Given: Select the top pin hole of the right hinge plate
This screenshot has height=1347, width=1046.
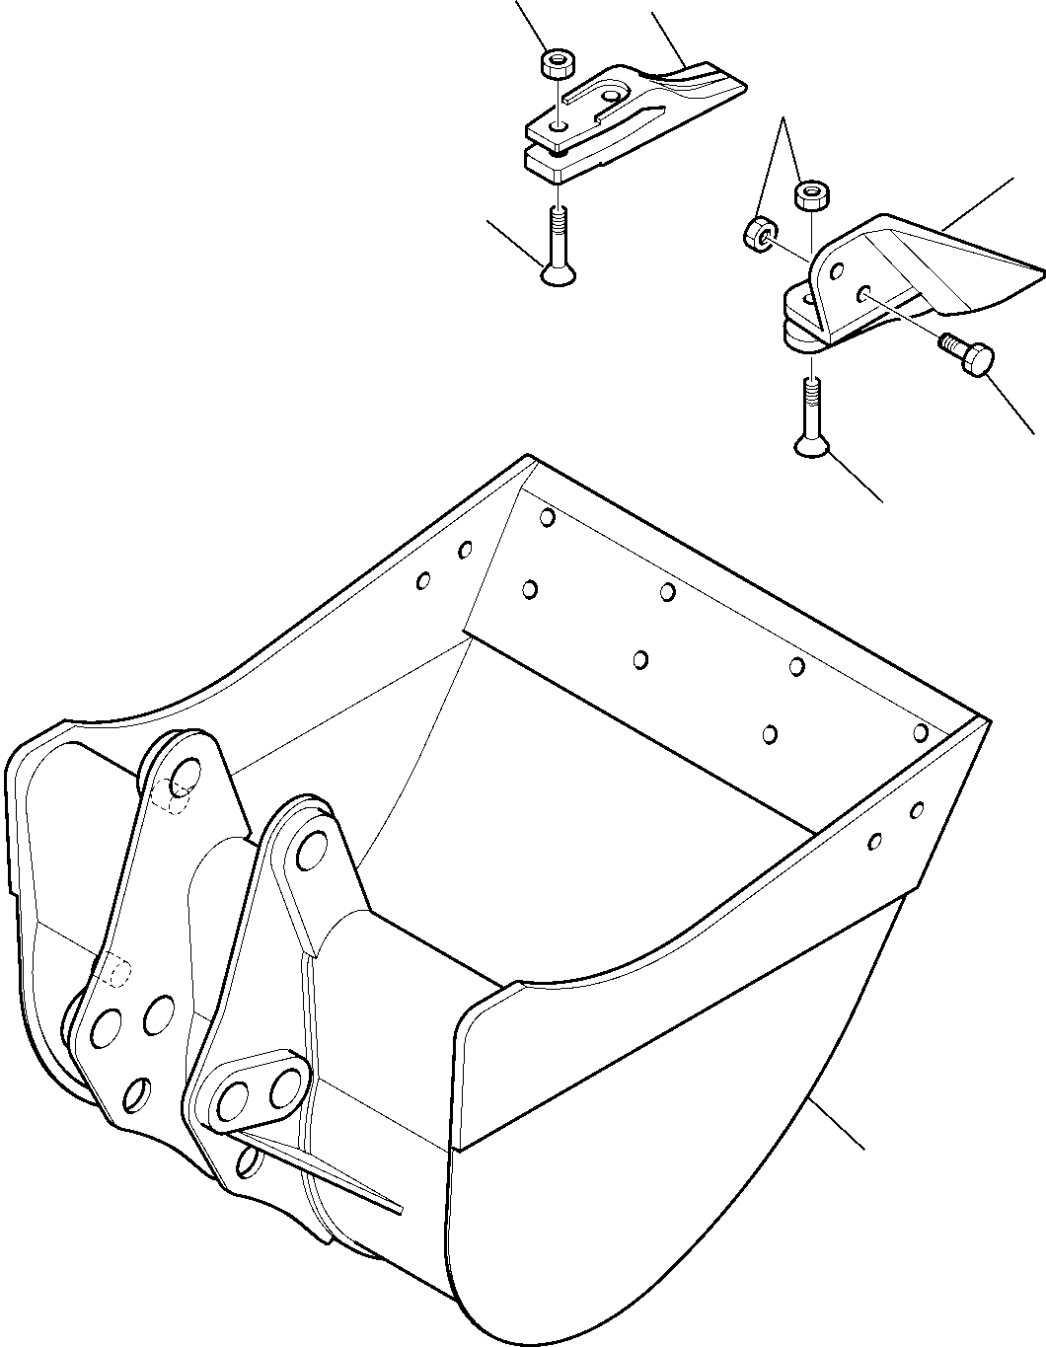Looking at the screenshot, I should pyautogui.click(x=310, y=848).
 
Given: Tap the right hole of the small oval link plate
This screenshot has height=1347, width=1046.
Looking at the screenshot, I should pyautogui.click(x=286, y=1085).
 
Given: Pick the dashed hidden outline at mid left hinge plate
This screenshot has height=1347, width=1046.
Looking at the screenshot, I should pyautogui.click(x=115, y=971).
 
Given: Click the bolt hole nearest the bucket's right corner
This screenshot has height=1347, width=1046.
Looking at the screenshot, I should pyautogui.click(x=920, y=732).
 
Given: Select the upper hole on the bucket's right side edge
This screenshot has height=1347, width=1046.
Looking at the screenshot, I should pyautogui.click(x=917, y=810).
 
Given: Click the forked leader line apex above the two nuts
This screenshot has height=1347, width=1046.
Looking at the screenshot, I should pyautogui.click(x=785, y=119).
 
